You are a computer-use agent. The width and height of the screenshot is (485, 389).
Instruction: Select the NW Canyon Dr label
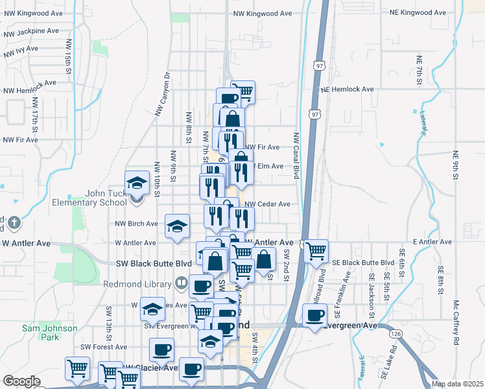pos(162,94)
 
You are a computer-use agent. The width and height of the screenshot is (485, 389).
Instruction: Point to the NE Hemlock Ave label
pos(347,89)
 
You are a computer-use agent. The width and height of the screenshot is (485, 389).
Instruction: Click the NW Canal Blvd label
pos(296,156)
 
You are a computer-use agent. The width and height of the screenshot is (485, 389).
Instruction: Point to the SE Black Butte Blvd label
pos(363,263)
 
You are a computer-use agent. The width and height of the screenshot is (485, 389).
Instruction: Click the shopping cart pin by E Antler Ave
pos(315,250)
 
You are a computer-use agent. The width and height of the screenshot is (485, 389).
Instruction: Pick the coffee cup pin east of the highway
pos(314,316)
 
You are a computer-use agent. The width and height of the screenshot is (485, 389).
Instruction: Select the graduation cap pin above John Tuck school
pos(137,183)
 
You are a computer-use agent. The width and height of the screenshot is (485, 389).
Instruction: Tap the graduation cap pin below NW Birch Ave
pos(177,226)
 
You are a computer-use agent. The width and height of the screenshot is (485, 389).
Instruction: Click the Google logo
pos(21,381)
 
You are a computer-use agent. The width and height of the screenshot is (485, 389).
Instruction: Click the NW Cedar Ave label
pos(267,204)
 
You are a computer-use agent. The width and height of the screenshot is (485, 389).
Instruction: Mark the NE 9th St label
pos(456,167)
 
